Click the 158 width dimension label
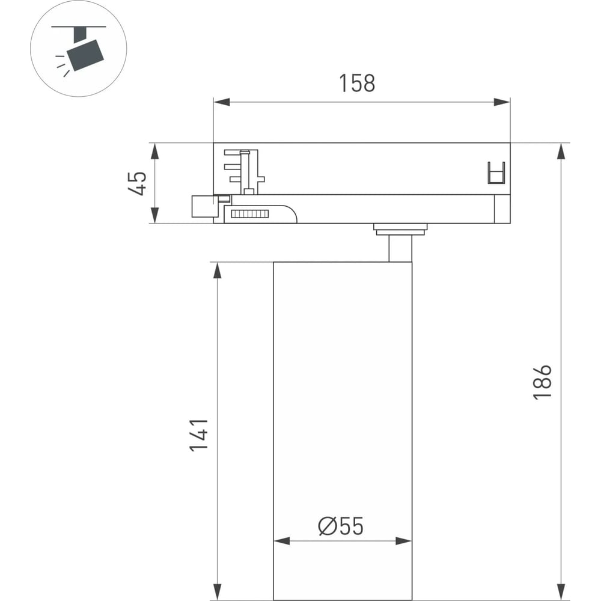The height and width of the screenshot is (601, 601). pyautogui.click(x=357, y=83)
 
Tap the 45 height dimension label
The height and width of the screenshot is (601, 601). pyautogui.click(x=137, y=183)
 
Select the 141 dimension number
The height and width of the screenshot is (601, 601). pyautogui.click(x=199, y=435)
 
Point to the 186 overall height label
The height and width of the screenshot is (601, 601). pyautogui.click(x=542, y=382)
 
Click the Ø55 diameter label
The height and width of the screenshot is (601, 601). pyautogui.click(x=341, y=526)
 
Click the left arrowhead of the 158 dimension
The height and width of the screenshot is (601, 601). pyautogui.click(x=222, y=102)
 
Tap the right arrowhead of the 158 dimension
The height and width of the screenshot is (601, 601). pyautogui.click(x=502, y=102)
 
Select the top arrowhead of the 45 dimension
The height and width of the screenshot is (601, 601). pyautogui.click(x=154, y=151)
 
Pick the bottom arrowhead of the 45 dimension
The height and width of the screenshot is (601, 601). pyautogui.click(x=154, y=215)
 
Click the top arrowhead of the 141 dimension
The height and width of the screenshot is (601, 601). pyautogui.click(x=218, y=270)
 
